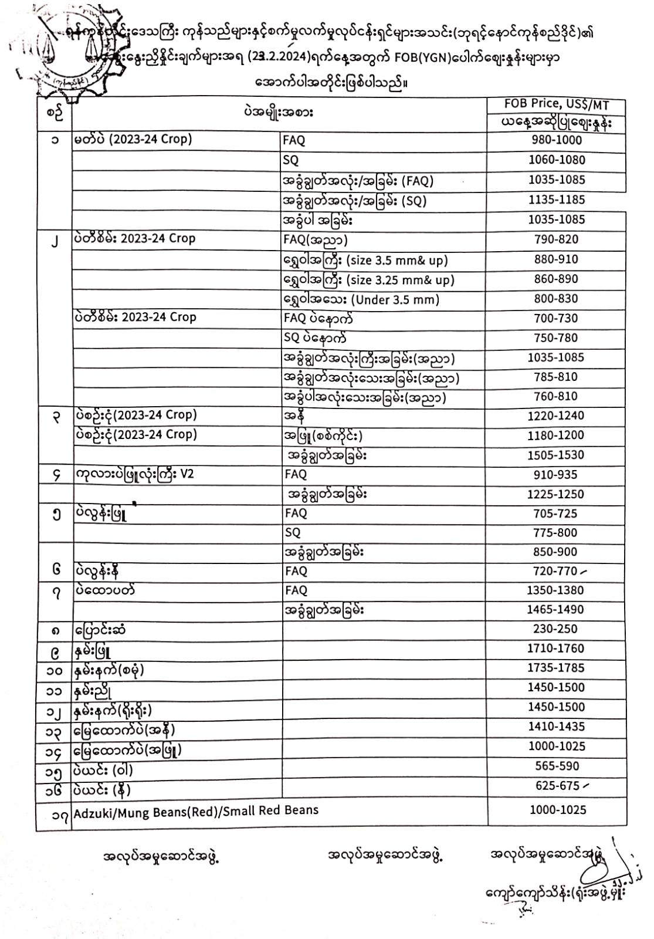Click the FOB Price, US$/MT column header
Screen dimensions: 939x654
556,104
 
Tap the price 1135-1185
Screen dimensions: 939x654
556,200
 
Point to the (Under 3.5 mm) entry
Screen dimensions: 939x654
395,300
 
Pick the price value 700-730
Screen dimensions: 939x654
555,319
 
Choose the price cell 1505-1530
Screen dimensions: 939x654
555,455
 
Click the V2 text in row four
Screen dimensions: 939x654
186,474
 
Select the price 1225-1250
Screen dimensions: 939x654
555,494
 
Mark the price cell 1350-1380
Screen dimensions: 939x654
555,590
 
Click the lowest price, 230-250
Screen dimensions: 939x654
555,629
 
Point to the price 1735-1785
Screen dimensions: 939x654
555,668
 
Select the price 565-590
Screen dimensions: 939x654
557,766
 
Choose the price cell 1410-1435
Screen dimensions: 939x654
555,727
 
